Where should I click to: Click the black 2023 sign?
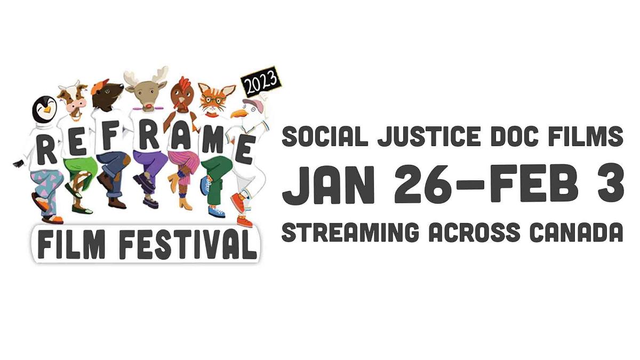pos(261,82)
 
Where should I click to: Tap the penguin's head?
pos(45,109)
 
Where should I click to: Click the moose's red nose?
pos(148,106)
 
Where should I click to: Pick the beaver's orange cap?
pos(99,85)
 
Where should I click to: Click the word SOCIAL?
pos(325,137)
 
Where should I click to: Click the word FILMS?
pos(589,137)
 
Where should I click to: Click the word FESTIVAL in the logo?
pos(187,245)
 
